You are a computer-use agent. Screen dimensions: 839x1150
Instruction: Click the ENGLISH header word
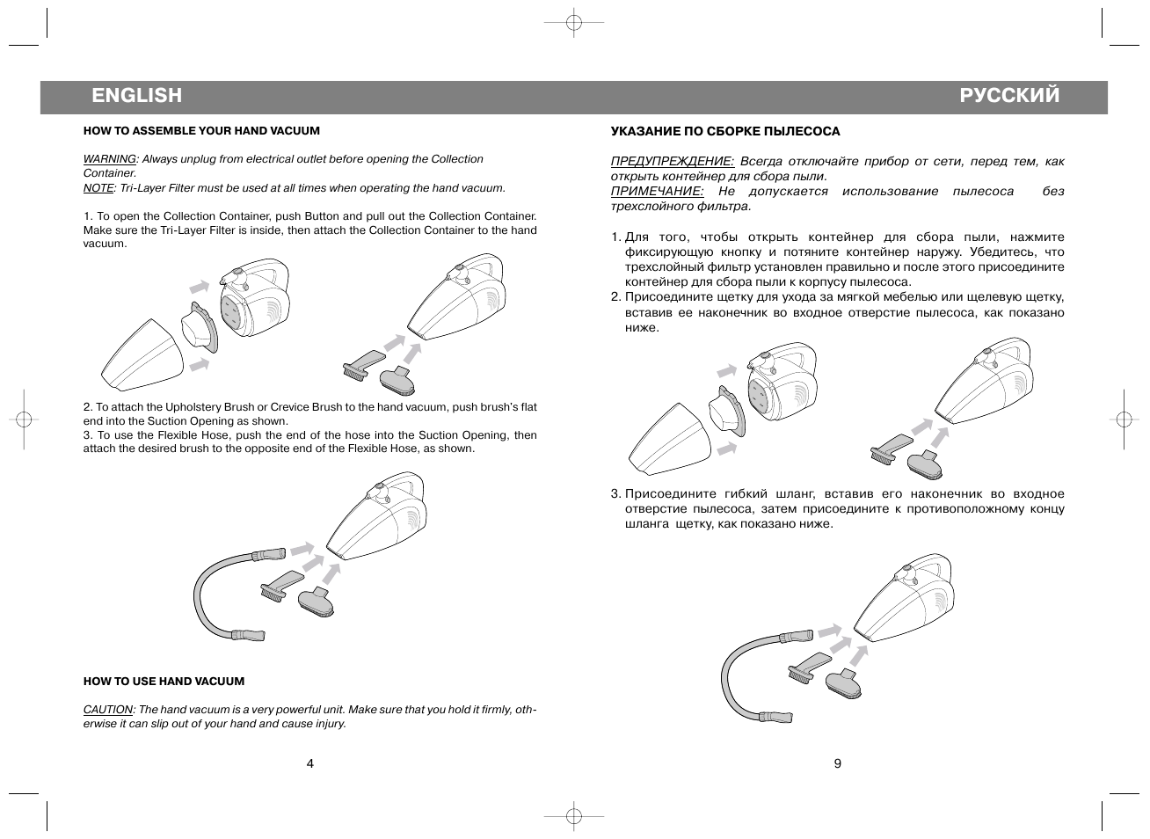(x=136, y=95)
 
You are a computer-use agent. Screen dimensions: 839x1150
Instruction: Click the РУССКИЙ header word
(x=1009, y=95)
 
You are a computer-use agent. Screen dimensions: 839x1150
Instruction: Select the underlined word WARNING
(x=110, y=159)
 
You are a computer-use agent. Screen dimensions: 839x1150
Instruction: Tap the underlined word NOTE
(x=98, y=187)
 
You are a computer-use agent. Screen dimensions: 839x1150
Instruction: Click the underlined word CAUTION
(x=108, y=710)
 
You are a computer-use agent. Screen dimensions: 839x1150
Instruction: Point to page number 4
(x=309, y=763)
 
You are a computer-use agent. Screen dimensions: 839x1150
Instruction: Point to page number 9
(x=837, y=763)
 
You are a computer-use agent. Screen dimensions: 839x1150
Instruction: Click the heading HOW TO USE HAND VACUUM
(x=164, y=682)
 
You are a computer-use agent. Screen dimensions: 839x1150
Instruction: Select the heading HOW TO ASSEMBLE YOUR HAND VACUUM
(x=201, y=131)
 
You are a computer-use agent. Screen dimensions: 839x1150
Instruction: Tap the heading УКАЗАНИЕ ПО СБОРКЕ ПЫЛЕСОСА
(x=725, y=132)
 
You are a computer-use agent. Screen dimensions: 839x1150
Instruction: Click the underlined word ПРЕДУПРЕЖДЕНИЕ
(x=672, y=161)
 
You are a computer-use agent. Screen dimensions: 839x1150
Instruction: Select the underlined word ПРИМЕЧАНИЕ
(x=657, y=191)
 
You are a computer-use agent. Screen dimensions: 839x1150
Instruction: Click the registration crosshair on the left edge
(x=24, y=419)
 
